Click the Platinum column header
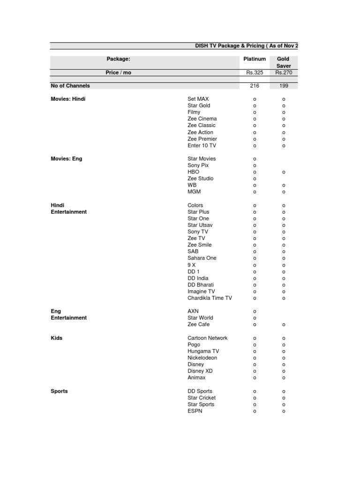(x=255, y=59)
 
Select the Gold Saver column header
(x=283, y=62)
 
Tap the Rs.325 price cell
(x=255, y=73)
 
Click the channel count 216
(x=255, y=86)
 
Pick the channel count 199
(x=283, y=86)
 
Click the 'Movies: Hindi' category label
(x=68, y=99)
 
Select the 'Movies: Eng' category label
(x=66, y=158)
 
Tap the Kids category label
(x=56, y=338)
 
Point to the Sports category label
(x=59, y=391)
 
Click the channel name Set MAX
(x=198, y=99)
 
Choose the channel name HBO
(x=193, y=172)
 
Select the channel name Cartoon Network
(x=207, y=338)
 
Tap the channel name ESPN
(x=195, y=411)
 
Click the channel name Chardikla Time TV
(x=210, y=298)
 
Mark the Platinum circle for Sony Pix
(x=255, y=165)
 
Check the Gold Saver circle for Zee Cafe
(x=283, y=325)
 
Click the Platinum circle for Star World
(x=255, y=318)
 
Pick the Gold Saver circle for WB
(x=283, y=185)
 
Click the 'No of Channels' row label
(x=70, y=86)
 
